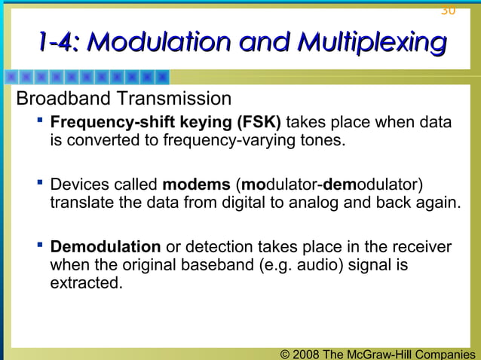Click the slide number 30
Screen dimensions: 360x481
click(x=448, y=10)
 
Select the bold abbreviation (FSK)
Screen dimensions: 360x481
click(x=259, y=123)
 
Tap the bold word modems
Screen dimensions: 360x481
click(x=196, y=185)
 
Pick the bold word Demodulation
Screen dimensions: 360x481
click(x=105, y=248)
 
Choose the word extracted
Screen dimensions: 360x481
click(x=85, y=283)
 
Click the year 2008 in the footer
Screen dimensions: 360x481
click(x=305, y=354)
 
